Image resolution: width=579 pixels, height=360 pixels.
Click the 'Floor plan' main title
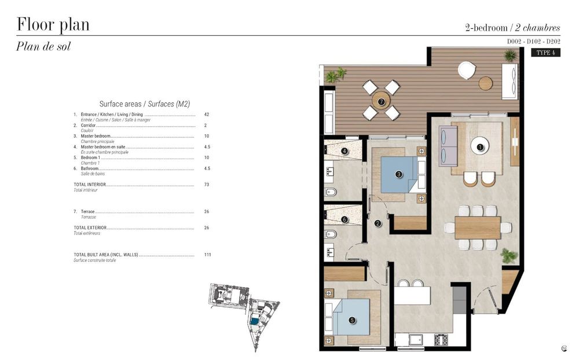click(x=53, y=25)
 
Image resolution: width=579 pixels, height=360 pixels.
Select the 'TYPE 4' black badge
click(x=545, y=53)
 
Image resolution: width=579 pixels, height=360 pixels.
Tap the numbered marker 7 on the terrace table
click(x=381, y=102)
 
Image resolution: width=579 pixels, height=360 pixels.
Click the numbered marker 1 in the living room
click(x=480, y=147)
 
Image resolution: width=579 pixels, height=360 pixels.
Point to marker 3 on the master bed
click(x=398, y=174)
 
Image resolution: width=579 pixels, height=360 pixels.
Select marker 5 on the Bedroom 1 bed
click(x=352, y=319)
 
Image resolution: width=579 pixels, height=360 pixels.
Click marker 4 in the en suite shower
click(x=345, y=152)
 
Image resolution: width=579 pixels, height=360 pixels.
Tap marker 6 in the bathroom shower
click(x=345, y=219)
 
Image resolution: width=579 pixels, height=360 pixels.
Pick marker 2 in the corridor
click(x=378, y=223)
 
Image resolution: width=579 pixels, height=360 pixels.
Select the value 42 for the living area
click(x=207, y=115)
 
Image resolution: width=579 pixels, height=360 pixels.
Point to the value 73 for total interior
click(x=207, y=185)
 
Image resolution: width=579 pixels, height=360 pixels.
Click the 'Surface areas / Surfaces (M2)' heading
click(x=145, y=104)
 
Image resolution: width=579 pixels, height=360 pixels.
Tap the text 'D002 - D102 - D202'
click(x=533, y=42)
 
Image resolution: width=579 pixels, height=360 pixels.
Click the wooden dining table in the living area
click(x=478, y=227)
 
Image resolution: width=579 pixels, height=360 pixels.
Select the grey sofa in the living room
click(x=448, y=146)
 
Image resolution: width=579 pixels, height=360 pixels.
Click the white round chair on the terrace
click(x=467, y=70)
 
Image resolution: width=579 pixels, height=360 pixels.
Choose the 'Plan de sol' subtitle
click(x=43, y=47)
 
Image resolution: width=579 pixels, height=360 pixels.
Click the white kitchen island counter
click(x=413, y=295)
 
